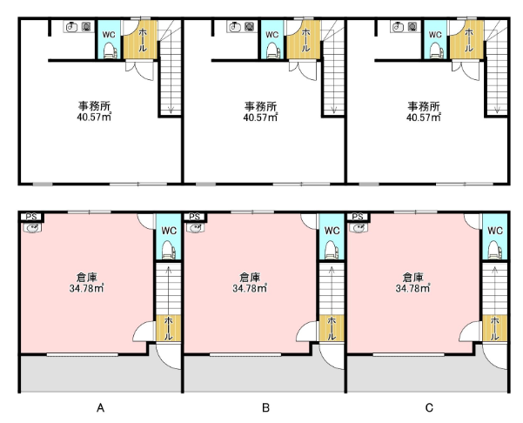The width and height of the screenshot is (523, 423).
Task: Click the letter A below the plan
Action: tap(100, 407)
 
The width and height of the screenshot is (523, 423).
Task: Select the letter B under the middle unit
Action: tap(265, 407)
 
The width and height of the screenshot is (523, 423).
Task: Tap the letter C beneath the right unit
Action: tap(429, 407)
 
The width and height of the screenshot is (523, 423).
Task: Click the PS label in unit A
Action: tap(31, 217)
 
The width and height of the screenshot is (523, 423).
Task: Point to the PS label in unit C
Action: tap(358, 217)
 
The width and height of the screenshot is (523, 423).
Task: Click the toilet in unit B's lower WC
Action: tap(332, 250)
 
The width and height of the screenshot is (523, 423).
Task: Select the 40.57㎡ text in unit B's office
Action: tap(260, 117)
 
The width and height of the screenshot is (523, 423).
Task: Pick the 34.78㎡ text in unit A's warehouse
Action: tap(86, 288)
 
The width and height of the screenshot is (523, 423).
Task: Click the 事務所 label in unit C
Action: tap(424, 106)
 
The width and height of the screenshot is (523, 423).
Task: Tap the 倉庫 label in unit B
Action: tap(250, 278)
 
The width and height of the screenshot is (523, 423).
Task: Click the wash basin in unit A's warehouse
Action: tap(32, 228)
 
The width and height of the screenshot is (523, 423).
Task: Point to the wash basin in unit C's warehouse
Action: tap(358, 228)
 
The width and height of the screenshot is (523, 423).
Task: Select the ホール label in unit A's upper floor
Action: tap(143, 40)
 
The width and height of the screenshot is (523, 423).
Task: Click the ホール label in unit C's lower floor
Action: tap(494, 328)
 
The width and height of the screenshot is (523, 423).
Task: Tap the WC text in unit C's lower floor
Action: tap(495, 231)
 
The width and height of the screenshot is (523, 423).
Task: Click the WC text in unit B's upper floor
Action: tap(272, 35)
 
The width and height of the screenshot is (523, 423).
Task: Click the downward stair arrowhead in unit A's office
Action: tap(171, 110)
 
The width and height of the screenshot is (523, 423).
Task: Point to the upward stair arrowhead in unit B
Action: tap(332, 269)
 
